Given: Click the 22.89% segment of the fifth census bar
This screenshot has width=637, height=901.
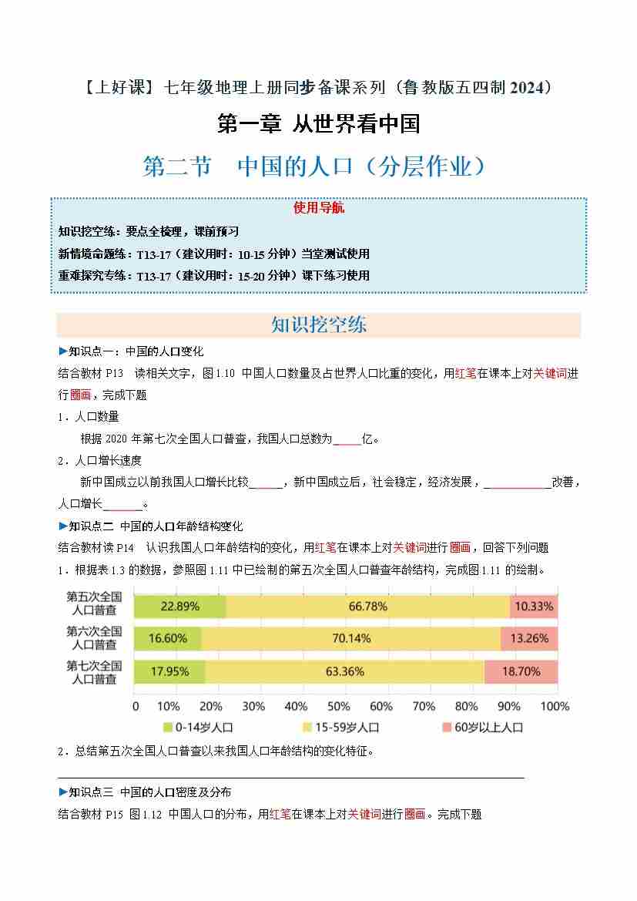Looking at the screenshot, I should (x=179, y=606).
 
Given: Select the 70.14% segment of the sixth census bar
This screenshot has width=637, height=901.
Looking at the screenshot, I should (x=350, y=638).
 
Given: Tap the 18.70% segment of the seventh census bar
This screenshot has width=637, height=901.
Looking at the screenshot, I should (x=521, y=671).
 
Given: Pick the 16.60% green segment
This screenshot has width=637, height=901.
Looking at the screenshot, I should (x=168, y=638).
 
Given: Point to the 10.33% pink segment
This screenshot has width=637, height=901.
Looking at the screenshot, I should (x=534, y=606).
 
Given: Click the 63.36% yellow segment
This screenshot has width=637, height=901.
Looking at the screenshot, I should (x=344, y=671).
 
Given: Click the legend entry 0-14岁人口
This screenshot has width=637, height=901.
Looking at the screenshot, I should (x=198, y=727).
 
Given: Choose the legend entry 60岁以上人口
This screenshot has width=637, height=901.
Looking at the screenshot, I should (x=483, y=727).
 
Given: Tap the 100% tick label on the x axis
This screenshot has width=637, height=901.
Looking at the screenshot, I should (x=555, y=706).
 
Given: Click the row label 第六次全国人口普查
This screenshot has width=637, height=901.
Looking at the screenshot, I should (x=94, y=638).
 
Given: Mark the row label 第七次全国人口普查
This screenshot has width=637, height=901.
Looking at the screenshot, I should (x=94, y=671).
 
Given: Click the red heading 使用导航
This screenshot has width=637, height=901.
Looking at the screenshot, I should (x=319, y=208).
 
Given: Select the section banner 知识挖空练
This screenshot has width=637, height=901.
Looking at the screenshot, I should (x=319, y=324).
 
